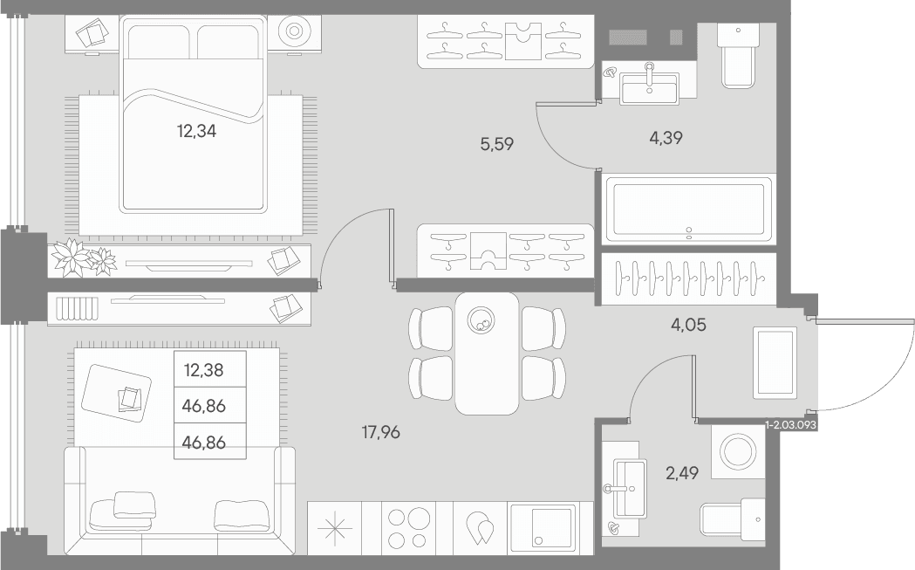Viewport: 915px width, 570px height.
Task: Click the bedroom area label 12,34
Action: tap(196, 132)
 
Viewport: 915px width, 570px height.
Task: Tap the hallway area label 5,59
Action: tap(496, 144)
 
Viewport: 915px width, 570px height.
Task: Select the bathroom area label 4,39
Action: tap(666, 138)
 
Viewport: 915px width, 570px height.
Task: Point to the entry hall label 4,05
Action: tap(688, 325)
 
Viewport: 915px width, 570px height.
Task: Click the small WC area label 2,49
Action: tap(682, 472)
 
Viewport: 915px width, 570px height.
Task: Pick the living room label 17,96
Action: tap(380, 433)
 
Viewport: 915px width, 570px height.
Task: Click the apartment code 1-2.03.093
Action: tap(791, 425)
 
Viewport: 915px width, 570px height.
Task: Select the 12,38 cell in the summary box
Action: tap(203, 370)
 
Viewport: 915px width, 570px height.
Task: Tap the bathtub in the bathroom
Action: tap(688, 209)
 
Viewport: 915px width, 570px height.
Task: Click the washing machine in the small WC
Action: tap(738, 451)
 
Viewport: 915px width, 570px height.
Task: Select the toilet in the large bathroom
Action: tap(738, 55)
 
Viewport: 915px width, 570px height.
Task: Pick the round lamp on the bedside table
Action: tap(294, 31)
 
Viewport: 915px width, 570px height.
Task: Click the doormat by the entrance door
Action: tap(775, 362)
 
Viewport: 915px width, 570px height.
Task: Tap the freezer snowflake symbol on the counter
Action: tap(335, 528)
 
